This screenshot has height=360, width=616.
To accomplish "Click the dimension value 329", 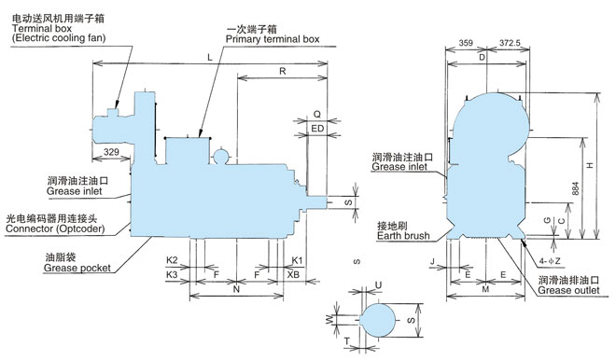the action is click(111, 151).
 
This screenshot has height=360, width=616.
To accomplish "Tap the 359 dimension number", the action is click(466, 43).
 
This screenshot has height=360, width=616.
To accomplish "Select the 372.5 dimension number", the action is click(510, 43).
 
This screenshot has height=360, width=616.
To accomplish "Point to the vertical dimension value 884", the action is click(576, 188).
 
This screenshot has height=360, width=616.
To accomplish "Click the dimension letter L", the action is click(210, 57).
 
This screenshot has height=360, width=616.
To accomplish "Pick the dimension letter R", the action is click(283, 71).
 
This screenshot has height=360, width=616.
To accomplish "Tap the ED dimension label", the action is click(317, 129).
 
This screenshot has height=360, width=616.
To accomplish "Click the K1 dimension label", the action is click(298, 260).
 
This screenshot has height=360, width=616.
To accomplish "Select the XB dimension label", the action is click(293, 274).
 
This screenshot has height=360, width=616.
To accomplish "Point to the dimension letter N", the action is click(236, 289).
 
